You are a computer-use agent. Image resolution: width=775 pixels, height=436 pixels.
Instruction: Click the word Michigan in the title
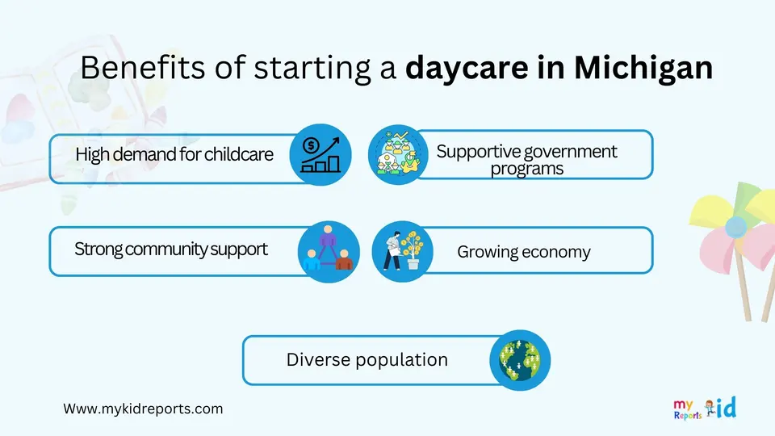[643, 68]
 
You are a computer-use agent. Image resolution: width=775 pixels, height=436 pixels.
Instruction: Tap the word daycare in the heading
[467, 69]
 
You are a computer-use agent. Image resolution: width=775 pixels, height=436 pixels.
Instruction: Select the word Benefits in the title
[142, 67]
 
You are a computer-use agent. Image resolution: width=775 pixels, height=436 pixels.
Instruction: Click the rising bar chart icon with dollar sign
[320, 154]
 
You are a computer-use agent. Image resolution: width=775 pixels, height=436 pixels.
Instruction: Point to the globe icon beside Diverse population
[520, 360]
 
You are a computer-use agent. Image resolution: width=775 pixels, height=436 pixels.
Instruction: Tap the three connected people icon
[329, 252]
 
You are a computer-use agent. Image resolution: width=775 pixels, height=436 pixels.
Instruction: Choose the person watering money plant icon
[402, 252]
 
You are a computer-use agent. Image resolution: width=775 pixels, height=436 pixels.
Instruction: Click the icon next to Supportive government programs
[398, 155]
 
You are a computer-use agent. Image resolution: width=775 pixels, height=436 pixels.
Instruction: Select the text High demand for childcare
[174, 154]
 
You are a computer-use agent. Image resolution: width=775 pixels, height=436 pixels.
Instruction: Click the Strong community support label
[171, 249]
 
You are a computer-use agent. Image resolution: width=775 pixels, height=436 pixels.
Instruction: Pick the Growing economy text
[523, 252]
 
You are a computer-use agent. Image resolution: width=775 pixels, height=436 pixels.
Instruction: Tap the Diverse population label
[367, 360]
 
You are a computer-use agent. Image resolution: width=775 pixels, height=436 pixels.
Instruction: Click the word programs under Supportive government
[527, 169]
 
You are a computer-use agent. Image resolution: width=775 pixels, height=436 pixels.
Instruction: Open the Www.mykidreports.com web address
[143, 409]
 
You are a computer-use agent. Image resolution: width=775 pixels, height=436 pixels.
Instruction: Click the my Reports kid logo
[705, 409]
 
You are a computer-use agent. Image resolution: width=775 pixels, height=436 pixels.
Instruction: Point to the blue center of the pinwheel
[735, 228]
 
